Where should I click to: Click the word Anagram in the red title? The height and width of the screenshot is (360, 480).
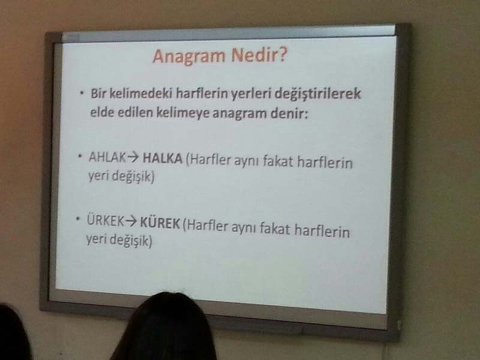pyautogui.click(x=188, y=56)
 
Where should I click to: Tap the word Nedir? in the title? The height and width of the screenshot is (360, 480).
pyautogui.click(x=259, y=55)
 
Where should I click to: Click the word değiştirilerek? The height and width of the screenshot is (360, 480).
pyautogui.click(x=318, y=94)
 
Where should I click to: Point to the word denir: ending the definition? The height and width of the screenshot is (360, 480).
pyautogui.click(x=289, y=113)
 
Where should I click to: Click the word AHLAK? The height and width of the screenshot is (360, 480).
pyautogui.click(x=107, y=157)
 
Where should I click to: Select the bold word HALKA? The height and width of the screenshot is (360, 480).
pyautogui.click(x=163, y=158)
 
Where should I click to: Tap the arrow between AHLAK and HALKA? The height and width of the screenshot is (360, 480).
pyautogui.click(x=133, y=158)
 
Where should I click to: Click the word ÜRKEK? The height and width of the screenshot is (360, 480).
pyautogui.click(x=106, y=220)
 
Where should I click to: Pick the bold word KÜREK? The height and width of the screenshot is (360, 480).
pyautogui.click(x=160, y=223)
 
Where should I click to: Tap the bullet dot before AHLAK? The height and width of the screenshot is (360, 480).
pyautogui.click(x=80, y=157)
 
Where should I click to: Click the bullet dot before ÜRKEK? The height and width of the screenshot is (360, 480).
pyautogui.click(x=78, y=218)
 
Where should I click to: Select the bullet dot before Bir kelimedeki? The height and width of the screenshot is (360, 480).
pyautogui.click(x=82, y=93)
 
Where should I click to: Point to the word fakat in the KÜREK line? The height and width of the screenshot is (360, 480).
pyautogui.click(x=275, y=229)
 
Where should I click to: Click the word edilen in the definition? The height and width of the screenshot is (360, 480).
pyautogui.click(x=135, y=112)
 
